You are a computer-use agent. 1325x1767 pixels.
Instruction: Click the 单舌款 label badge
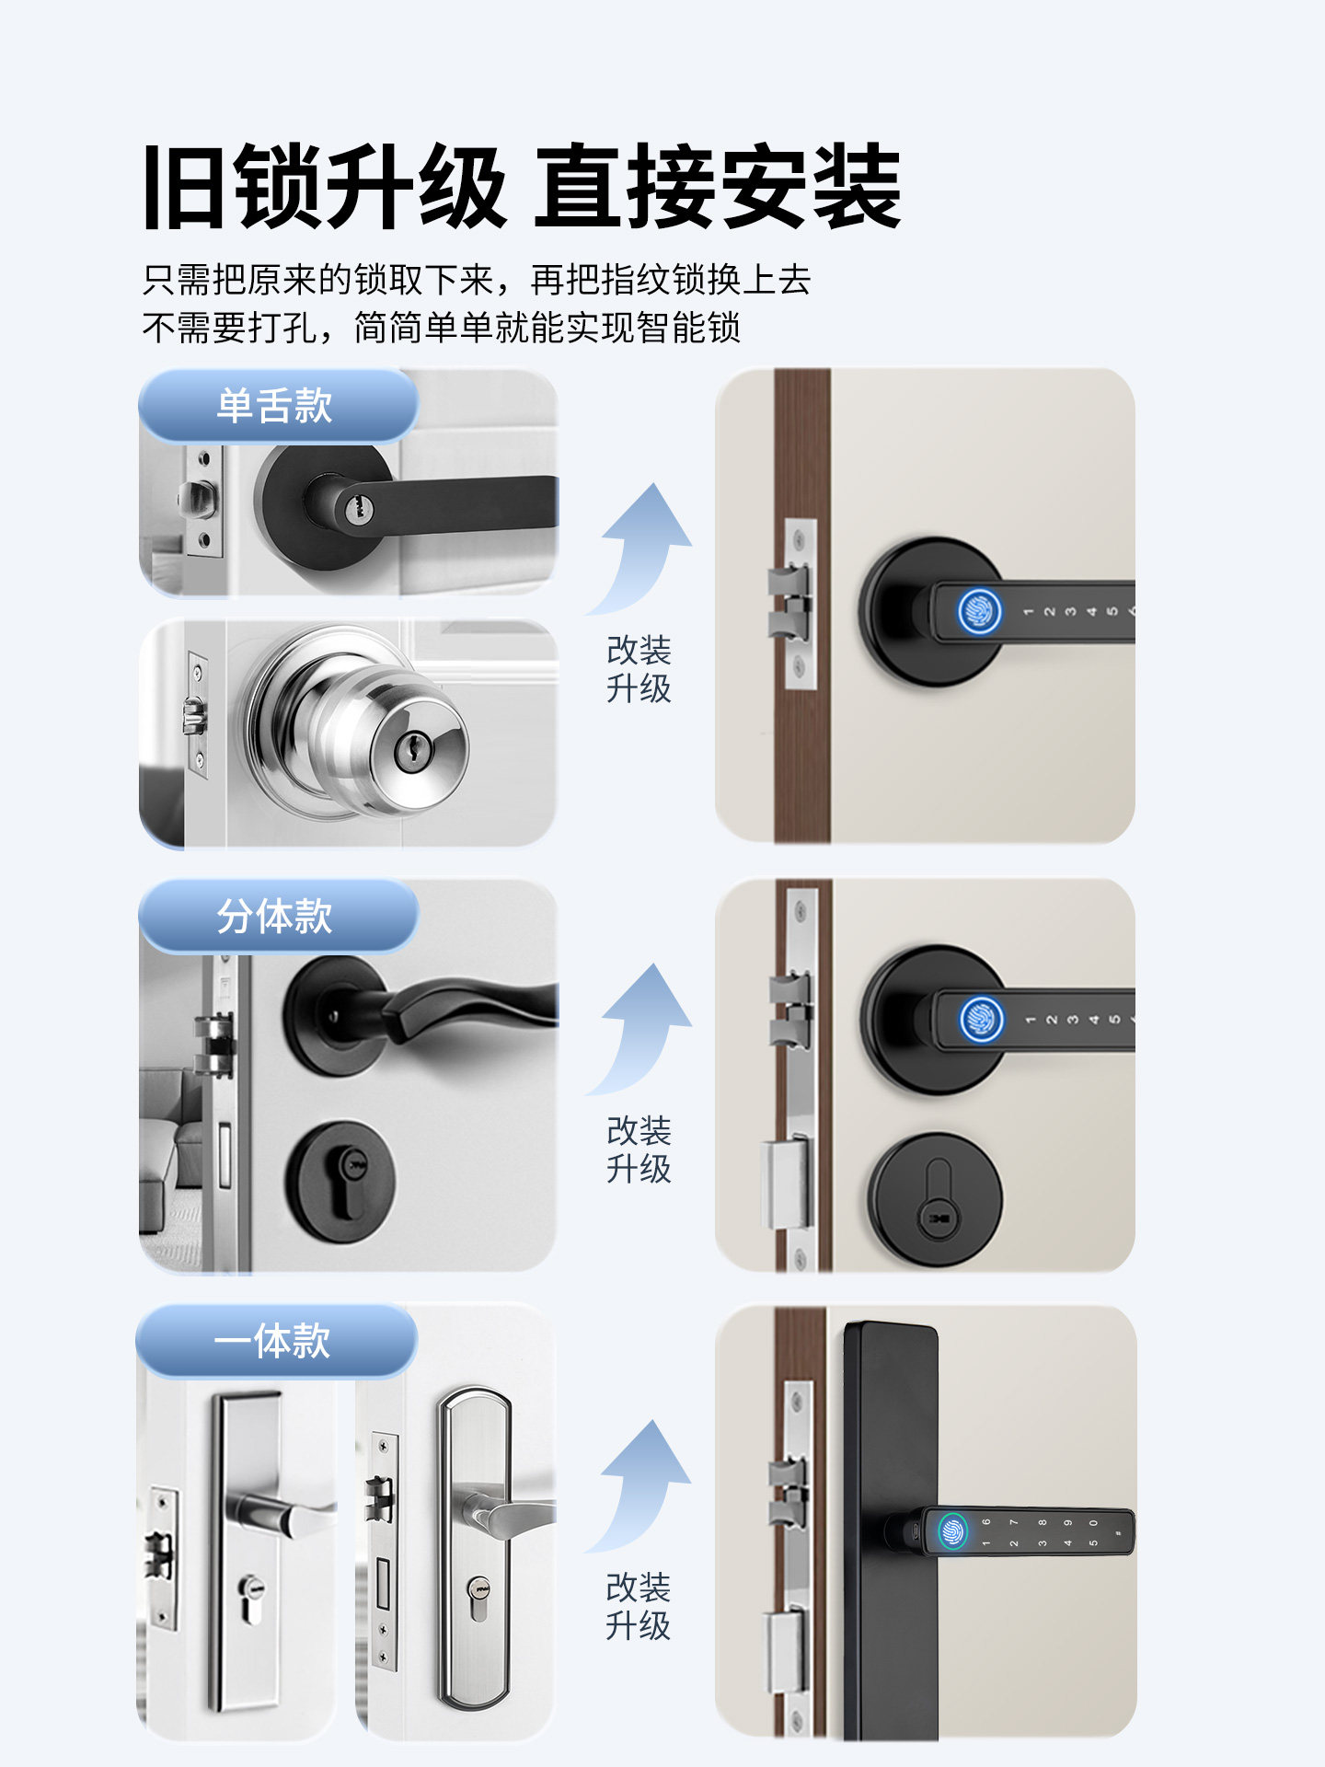coord(276,406)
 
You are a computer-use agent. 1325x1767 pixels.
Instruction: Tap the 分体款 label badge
coord(276,917)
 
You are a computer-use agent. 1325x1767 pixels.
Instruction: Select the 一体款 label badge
coord(274,1341)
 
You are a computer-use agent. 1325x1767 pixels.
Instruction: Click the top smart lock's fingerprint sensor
coord(978,611)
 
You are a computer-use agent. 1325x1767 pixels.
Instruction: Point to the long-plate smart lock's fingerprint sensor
coord(953,1531)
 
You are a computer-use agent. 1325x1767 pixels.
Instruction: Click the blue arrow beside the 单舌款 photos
coord(644,548)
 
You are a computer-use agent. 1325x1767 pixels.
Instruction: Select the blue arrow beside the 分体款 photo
coord(644,1028)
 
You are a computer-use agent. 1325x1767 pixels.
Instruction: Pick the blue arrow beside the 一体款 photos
coord(644,1484)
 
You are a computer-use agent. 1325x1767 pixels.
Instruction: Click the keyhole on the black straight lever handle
coord(354,506)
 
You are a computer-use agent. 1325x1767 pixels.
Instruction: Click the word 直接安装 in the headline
coord(718,187)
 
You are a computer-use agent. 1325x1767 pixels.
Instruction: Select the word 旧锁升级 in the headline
coord(324,187)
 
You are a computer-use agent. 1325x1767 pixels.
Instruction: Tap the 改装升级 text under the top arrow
coord(639,669)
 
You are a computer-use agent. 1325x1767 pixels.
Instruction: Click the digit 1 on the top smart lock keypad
coord(1028,611)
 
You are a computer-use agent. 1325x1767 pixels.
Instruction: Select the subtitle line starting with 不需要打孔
coord(442,328)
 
